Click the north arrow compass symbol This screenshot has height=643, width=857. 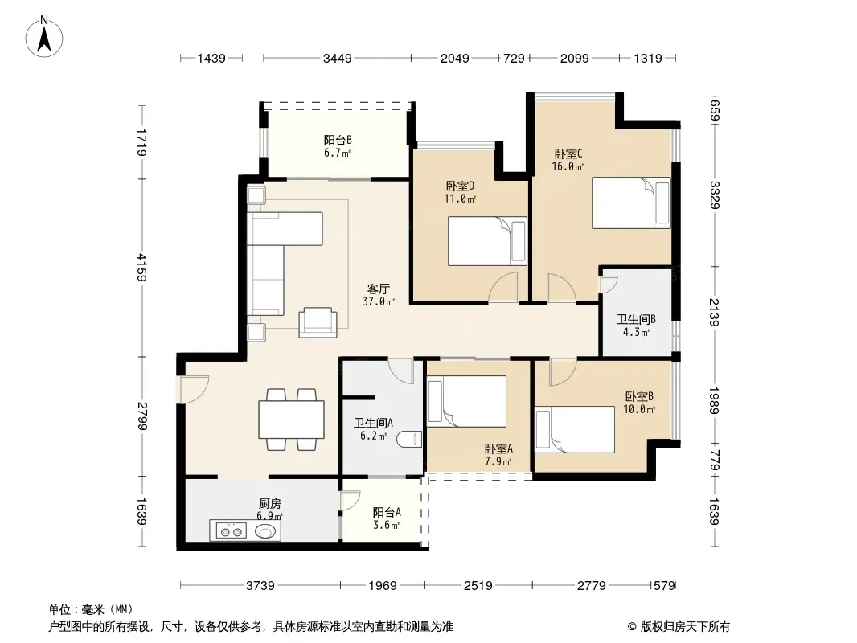pyautogui.click(x=44, y=37)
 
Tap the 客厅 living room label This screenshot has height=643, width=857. pyautogui.click(x=378, y=289)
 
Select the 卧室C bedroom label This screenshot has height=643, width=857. pyautogui.click(x=568, y=154)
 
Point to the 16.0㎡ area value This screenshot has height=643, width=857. pyautogui.click(x=568, y=166)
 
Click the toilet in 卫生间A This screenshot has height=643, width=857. pyautogui.click(x=410, y=439)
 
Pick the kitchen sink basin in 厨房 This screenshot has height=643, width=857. pyautogui.click(x=266, y=530)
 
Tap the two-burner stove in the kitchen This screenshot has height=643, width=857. pyautogui.click(x=232, y=530)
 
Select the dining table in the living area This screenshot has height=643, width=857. pyautogui.click(x=291, y=420)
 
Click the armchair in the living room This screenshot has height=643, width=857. pyautogui.click(x=318, y=322)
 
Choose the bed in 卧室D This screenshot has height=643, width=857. pyautogui.click(x=487, y=241)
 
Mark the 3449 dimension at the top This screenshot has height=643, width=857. pyautogui.click(x=337, y=58)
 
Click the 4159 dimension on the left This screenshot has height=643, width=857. pyautogui.click(x=142, y=267)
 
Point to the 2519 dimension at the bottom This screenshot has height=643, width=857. pyautogui.click(x=478, y=586)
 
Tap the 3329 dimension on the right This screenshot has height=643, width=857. pyautogui.click(x=714, y=195)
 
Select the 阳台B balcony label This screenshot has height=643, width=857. pyautogui.click(x=338, y=141)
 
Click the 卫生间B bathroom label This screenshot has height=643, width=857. pyautogui.click(x=636, y=320)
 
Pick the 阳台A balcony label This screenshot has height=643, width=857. pyautogui.click(x=387, y=513)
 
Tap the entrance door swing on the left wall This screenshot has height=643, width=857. pyautogui.click(x=195, y=389)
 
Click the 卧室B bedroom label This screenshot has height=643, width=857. pyautogui.click(x=639, y=396)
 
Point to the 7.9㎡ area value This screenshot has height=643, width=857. pyautogui.click(x=498, y=462)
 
